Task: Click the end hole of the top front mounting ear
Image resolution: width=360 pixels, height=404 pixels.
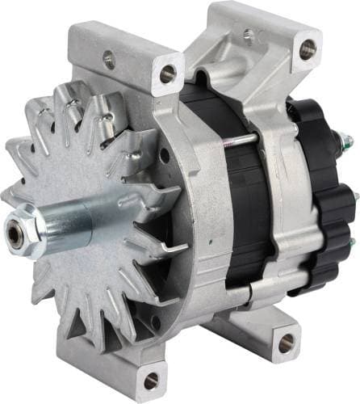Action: coord(168,74)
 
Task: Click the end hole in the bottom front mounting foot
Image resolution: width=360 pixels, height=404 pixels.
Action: coord(152,381)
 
